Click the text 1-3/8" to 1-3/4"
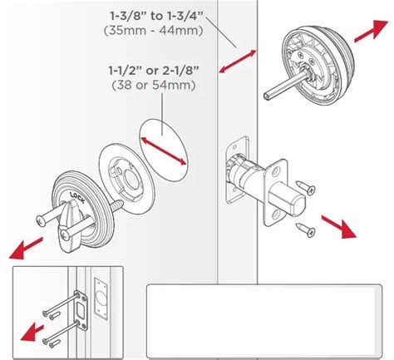point(157,16)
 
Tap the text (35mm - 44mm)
point(154,30)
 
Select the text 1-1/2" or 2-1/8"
point(154,71)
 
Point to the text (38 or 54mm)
point(154,85)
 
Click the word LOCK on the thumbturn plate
point(77,197)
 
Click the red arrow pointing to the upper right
point(371,31)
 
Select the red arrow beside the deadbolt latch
point(338,226)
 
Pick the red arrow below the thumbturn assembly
point(26,248)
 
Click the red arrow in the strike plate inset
point(32,333)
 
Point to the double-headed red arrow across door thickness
point(238,62)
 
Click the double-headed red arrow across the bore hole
point(164,151)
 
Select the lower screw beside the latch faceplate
point(305,229)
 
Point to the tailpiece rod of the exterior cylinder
point(283,86)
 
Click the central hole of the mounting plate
point(130,180)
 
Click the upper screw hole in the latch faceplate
point(275,172)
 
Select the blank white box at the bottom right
point(264,321)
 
